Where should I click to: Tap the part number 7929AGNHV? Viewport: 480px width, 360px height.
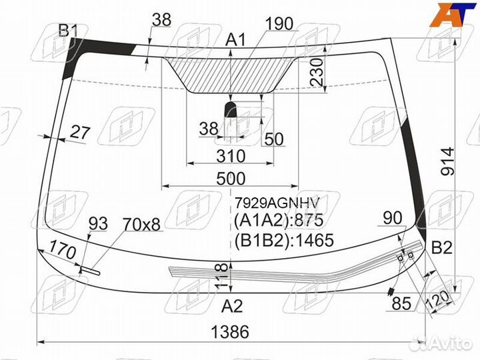[x=277, y=202]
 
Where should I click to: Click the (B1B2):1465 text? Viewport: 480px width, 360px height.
[x=283, y=240]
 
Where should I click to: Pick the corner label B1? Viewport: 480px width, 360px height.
[x=69, y=30]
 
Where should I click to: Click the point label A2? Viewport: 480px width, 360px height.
[x=232, y=307]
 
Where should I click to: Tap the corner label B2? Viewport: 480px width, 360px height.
[x=441, y=248]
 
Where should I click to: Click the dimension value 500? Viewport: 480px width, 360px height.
[x=231, y=179]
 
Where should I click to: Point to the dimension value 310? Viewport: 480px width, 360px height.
[x=231, y=156]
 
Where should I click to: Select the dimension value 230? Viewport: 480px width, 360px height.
[x=317, y=71]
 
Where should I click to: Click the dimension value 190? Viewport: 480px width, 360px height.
[x=279, y=24]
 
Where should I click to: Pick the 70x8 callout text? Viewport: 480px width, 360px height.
[x=141, y=225]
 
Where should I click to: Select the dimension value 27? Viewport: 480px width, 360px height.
[x=79, y=132]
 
